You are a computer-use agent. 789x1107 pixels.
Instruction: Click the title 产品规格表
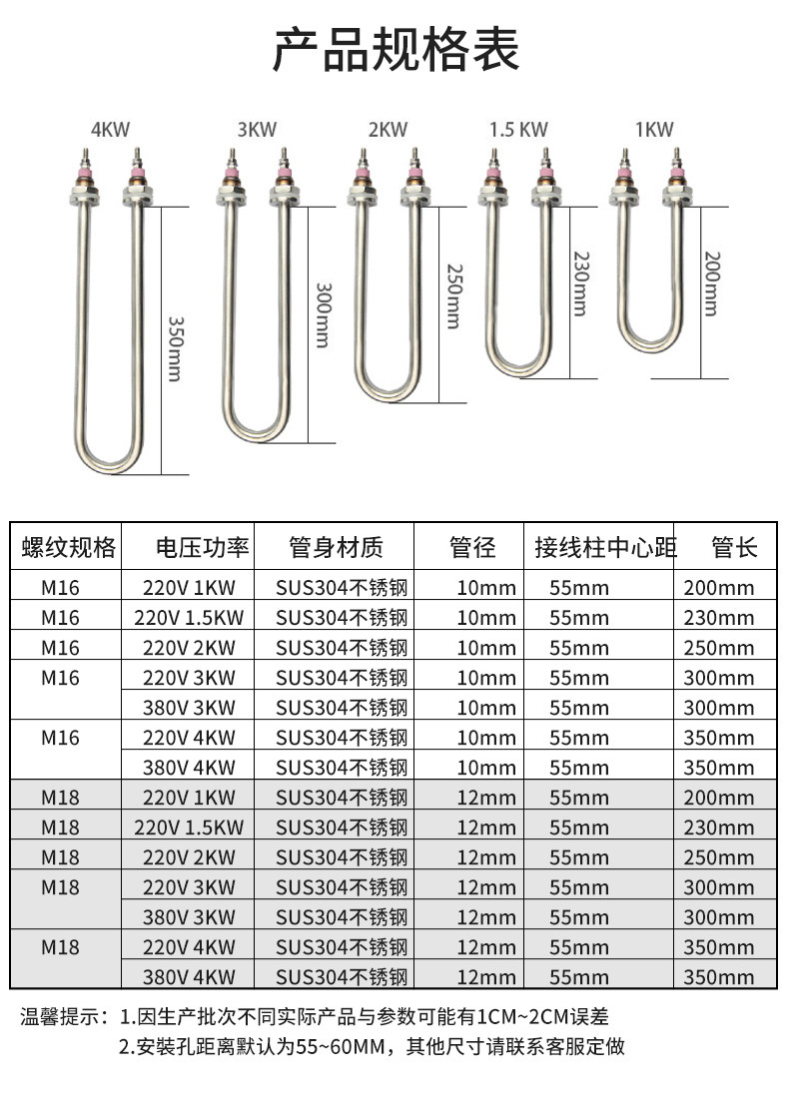click(x=395, y=51)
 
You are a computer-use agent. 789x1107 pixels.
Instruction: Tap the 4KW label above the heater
click(x=110, y=129)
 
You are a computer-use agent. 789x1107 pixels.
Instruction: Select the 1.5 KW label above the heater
click(x=518, y=130)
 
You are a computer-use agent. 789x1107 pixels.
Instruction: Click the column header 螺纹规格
click(x=68, y=547)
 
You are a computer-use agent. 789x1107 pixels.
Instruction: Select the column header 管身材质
click(x=336, y=547)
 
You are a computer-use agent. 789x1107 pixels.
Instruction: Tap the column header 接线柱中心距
click(x=604, y=547)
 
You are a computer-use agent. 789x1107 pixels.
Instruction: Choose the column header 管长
click(x=734, y=547)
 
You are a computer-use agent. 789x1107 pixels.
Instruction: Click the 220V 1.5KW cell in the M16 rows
click(x=189, y=618)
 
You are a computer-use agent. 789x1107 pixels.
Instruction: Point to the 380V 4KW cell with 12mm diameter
click(x=189, y=977)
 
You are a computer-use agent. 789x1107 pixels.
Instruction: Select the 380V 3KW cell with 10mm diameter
click(x=189, y=708)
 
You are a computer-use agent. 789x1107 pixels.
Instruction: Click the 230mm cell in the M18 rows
click(x=719, y=828)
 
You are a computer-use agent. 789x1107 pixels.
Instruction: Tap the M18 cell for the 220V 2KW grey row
click(x=60, y=857)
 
